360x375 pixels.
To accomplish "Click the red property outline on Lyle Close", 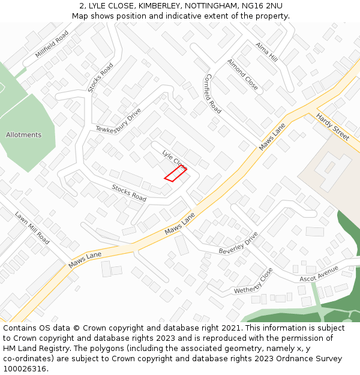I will coord(175,173).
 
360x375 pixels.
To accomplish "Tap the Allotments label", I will coord(24,135).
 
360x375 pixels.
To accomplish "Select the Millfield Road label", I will coord(52,45).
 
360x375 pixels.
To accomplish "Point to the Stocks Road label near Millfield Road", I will coord(100,78).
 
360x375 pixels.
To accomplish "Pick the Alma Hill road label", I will coord(266,52).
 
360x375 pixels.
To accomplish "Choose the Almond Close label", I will coord(242,74).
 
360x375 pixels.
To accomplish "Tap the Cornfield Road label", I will coord(213,94).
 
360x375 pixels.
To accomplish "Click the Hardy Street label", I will coord(332,127).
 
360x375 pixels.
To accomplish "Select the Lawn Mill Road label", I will coord(32,227).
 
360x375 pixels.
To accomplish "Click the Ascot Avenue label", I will coord(319,274).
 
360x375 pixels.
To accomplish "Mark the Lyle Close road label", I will coord(173,158).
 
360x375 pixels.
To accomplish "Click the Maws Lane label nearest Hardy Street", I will coord(272,137).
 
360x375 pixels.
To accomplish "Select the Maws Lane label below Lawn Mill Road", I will coord(85,260).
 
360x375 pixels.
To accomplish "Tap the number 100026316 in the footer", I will coord(25,368).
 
